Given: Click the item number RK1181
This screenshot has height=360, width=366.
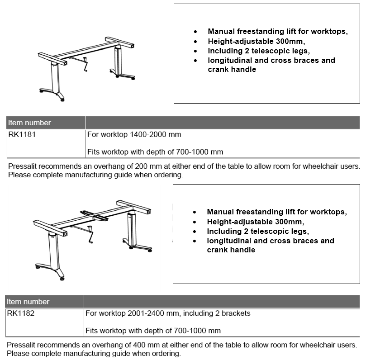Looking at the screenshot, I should [x=20, y=135].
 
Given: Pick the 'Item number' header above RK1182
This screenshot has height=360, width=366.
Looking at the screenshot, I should [x=29, y=302].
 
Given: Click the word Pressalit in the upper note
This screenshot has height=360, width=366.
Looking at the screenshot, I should [x=23, y=166].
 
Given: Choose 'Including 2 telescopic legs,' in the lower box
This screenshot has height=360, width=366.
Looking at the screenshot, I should [x=258, y=231].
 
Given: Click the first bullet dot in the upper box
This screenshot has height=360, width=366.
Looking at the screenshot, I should [x=195, y=32].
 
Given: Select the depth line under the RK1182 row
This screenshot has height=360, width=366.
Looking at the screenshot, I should [x=153, y=331].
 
